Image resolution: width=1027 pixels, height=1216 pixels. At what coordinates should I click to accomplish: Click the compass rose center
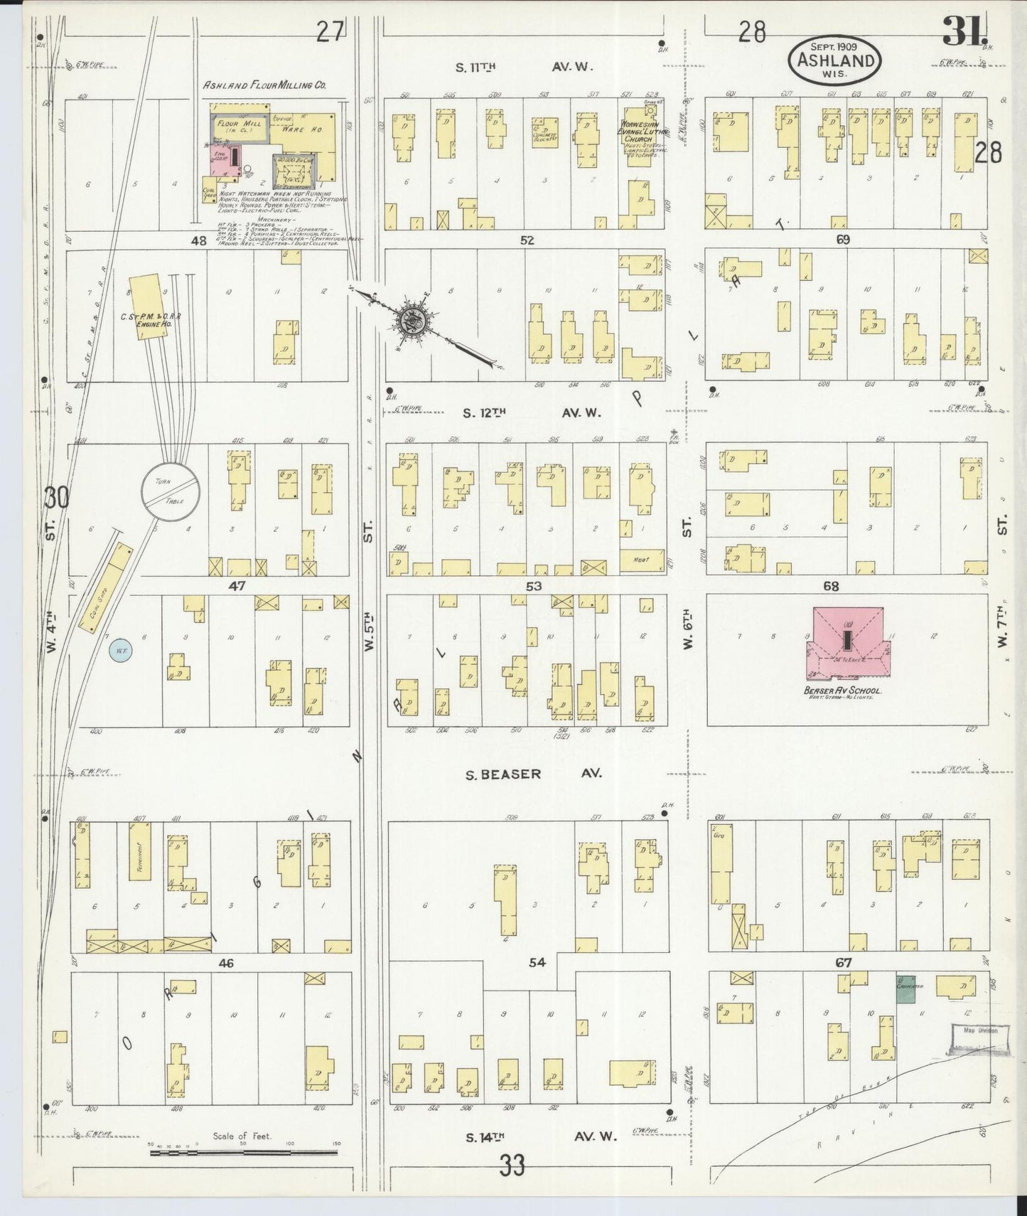coord(412,322)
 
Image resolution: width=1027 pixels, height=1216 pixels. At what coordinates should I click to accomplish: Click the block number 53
coord(534,586)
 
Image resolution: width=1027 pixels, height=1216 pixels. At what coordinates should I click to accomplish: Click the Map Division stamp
coord(980,1030)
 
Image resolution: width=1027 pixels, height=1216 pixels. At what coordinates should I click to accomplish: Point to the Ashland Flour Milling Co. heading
coord(264,85)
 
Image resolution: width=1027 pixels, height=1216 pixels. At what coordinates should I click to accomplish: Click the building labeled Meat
coord(642,560)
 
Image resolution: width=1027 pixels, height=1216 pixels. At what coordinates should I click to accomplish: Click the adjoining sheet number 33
coord(511,1165)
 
